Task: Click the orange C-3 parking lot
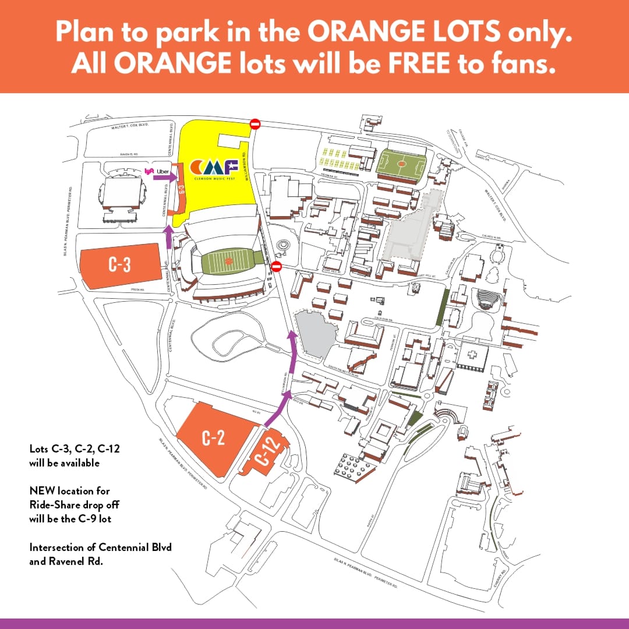pos(120,266)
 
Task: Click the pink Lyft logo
pos(149,171)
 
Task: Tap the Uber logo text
pos(163,171)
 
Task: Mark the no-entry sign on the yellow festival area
pos(255,123)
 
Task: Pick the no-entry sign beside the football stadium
pos(277,266)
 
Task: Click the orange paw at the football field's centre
pos(228,262)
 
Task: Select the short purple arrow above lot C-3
pos(169,236)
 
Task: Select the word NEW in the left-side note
pos(41,491)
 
